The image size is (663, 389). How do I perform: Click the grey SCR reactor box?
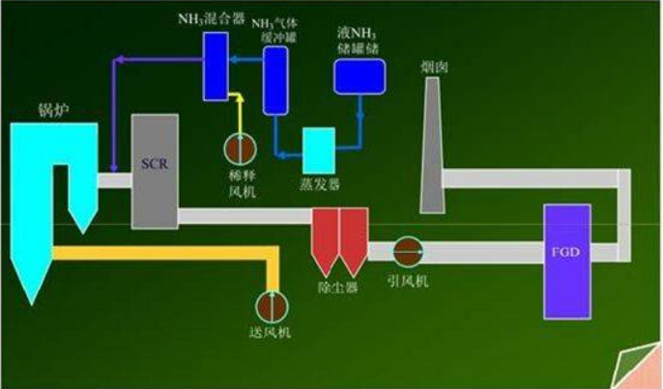pyautogui.click(x=155, y=171)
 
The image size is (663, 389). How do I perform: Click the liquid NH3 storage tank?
pyautogui.click(x=360, y=75)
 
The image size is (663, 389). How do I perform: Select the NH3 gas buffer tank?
pyautogui.click(x=277, y=69)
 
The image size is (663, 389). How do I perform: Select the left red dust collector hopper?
pyautogui.click(x=324, y=239)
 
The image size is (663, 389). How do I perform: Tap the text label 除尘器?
pyautogui.click(x=338, y=289)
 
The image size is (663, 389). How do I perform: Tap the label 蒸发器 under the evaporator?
pyautogui.click(x=318, y=182)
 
